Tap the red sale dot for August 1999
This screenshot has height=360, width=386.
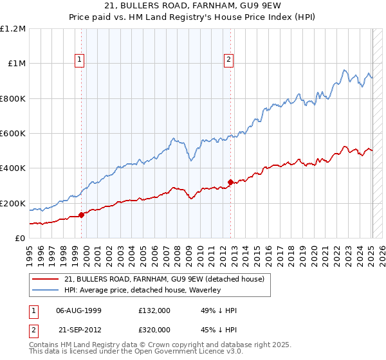(x=82, y=215)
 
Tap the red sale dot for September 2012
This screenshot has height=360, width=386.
(x=230, y=183)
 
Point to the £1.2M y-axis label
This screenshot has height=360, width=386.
(x=14, y=29)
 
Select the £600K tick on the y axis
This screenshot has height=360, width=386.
(x=14, y=134)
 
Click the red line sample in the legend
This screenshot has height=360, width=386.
(x=45, y=280)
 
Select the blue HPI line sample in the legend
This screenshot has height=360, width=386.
(x=45, y=291)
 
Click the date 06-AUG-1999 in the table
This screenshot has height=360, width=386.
(x=79, y=310)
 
